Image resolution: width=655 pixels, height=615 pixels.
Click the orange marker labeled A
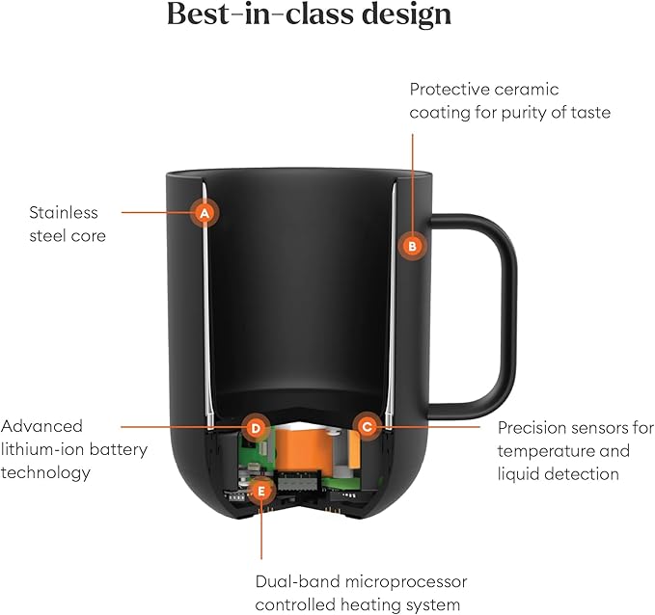click(x=205, y=212)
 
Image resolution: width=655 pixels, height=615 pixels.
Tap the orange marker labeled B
click(x=412, y=246)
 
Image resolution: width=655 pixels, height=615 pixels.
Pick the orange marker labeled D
click(x=255, y=426)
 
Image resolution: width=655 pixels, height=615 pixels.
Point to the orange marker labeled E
click(x=260, y=492)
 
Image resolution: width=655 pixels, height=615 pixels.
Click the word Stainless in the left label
click(x=64, y=212)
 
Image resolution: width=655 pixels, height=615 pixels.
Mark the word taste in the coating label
click(x=589, y=112)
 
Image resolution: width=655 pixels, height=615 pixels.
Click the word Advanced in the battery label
click(x=42, y=426)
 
